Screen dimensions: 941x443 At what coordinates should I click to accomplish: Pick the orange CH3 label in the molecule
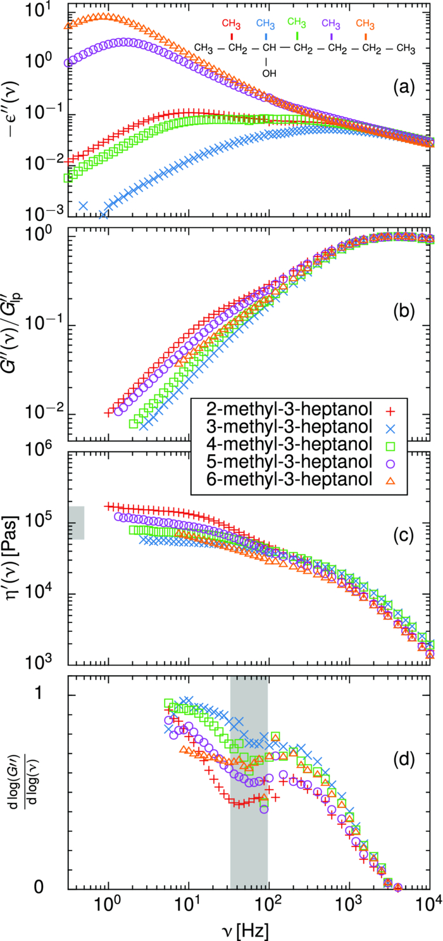[x=365, y=24]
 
